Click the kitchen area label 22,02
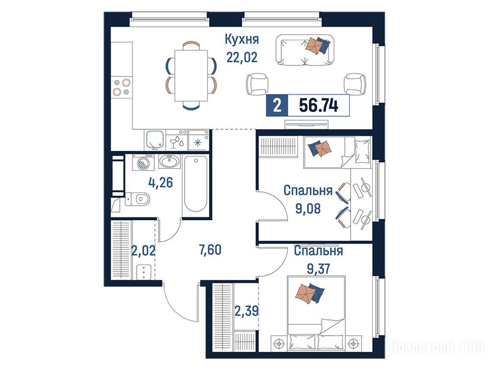click(242, 58)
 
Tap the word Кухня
click(242, 39)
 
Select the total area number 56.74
click(318, 105)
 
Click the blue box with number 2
click(277, 105)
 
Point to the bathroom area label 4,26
click(160, 182)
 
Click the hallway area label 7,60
click(210, 250)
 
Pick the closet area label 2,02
click(143, 251)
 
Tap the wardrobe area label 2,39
click(246, 311)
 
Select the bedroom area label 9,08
click(308, 209)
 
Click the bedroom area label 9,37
click(318, 269)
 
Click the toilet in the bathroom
click(138, 198)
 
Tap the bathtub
click(196, 184)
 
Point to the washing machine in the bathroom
click(143, 162)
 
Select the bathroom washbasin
click(169, 161)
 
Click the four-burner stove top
click(122, 87)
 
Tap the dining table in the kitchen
click(191, 75)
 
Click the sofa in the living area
click(304, 50)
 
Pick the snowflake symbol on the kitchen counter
click(197, 143)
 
